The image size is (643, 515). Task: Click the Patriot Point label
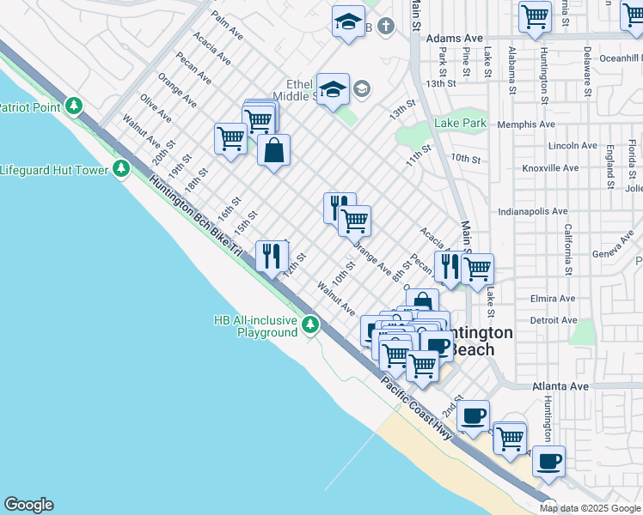click(31, 107)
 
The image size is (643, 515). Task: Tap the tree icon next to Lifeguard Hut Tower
click(121, 168)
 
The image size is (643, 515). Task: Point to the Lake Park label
click(460, 124)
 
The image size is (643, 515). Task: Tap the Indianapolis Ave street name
click(533, 211)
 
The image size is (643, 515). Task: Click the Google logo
click(28, 505)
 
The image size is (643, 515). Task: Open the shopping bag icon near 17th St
click(273, 151)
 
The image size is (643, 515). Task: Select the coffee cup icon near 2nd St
click(472, 416)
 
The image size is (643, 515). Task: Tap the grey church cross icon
click(387, 27)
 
